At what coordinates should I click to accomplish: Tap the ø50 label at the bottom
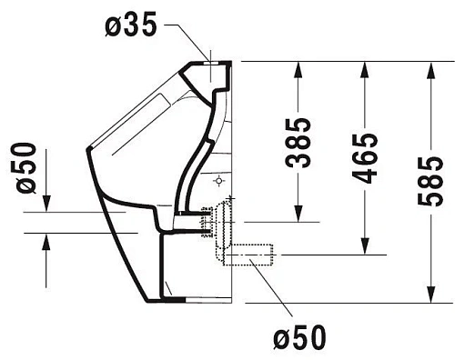click(x=298, y=338)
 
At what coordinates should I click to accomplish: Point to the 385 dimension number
click(x=298, y=143)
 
